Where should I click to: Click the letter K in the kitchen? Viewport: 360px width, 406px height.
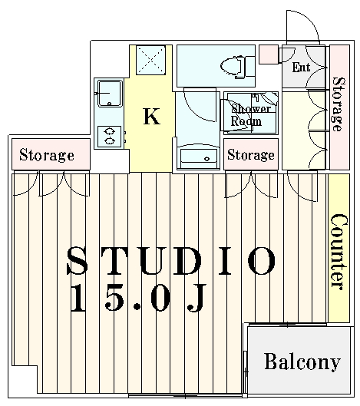[151, 116]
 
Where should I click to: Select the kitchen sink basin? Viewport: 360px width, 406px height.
[110, 94]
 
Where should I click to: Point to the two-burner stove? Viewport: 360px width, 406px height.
[110, 137]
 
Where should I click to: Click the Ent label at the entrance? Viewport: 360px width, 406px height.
[301, 68]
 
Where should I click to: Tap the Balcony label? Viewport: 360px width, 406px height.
[302, 361]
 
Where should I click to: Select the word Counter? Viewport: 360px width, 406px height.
[339, 252]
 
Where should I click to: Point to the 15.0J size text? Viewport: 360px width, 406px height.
[138, 298]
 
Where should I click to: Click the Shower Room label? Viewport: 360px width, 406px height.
[250, 115]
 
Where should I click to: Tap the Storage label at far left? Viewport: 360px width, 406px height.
[47, 155]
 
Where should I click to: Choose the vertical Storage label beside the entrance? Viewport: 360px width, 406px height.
[339, 104]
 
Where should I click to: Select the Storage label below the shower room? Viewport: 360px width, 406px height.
[251, 155]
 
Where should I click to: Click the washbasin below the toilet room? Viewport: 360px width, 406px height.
[198, 157]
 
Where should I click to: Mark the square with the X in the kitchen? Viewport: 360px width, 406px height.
[150, 61]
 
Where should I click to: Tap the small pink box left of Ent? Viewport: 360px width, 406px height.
[269, 54]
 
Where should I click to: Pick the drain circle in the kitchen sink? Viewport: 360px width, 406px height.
[109, 104]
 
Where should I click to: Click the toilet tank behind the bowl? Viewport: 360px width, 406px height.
[250, 67]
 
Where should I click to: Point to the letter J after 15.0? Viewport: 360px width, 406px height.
[197, 298]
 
